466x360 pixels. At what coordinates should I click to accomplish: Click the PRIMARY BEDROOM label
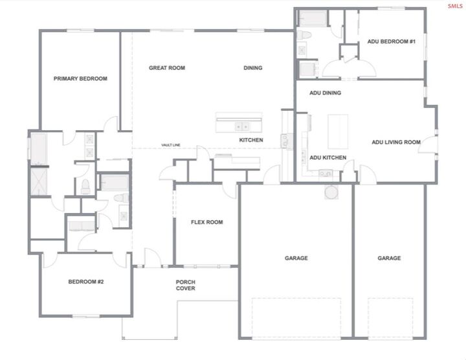tap(80, 78)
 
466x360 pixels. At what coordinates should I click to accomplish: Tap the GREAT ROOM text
tap(167, 67)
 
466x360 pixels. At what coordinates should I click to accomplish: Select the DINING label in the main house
tap(253, 67)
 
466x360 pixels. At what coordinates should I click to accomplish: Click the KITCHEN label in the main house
tap(251, 140)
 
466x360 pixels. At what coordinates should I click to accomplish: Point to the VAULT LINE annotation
tap(171, 146)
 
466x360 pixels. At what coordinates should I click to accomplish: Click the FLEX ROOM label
tap(206, 222)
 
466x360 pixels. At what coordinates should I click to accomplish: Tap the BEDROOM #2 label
tap(87, 282)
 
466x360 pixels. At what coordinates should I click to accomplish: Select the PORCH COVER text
tap(186, 285)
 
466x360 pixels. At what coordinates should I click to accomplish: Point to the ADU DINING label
tap(325, 93)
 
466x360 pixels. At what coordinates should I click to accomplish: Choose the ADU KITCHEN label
tap(327, 157)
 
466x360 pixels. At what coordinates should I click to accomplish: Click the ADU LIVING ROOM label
tap(396, 142)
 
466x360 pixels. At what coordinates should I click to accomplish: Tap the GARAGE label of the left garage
tap(296, 258)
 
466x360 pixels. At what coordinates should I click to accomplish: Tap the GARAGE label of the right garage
tap(389, 258)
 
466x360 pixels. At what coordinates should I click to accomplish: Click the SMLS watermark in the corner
tap(455, 6)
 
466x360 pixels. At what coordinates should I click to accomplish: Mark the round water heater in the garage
tap(331, 192)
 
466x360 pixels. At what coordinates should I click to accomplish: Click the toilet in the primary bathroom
tap(85, 187)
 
